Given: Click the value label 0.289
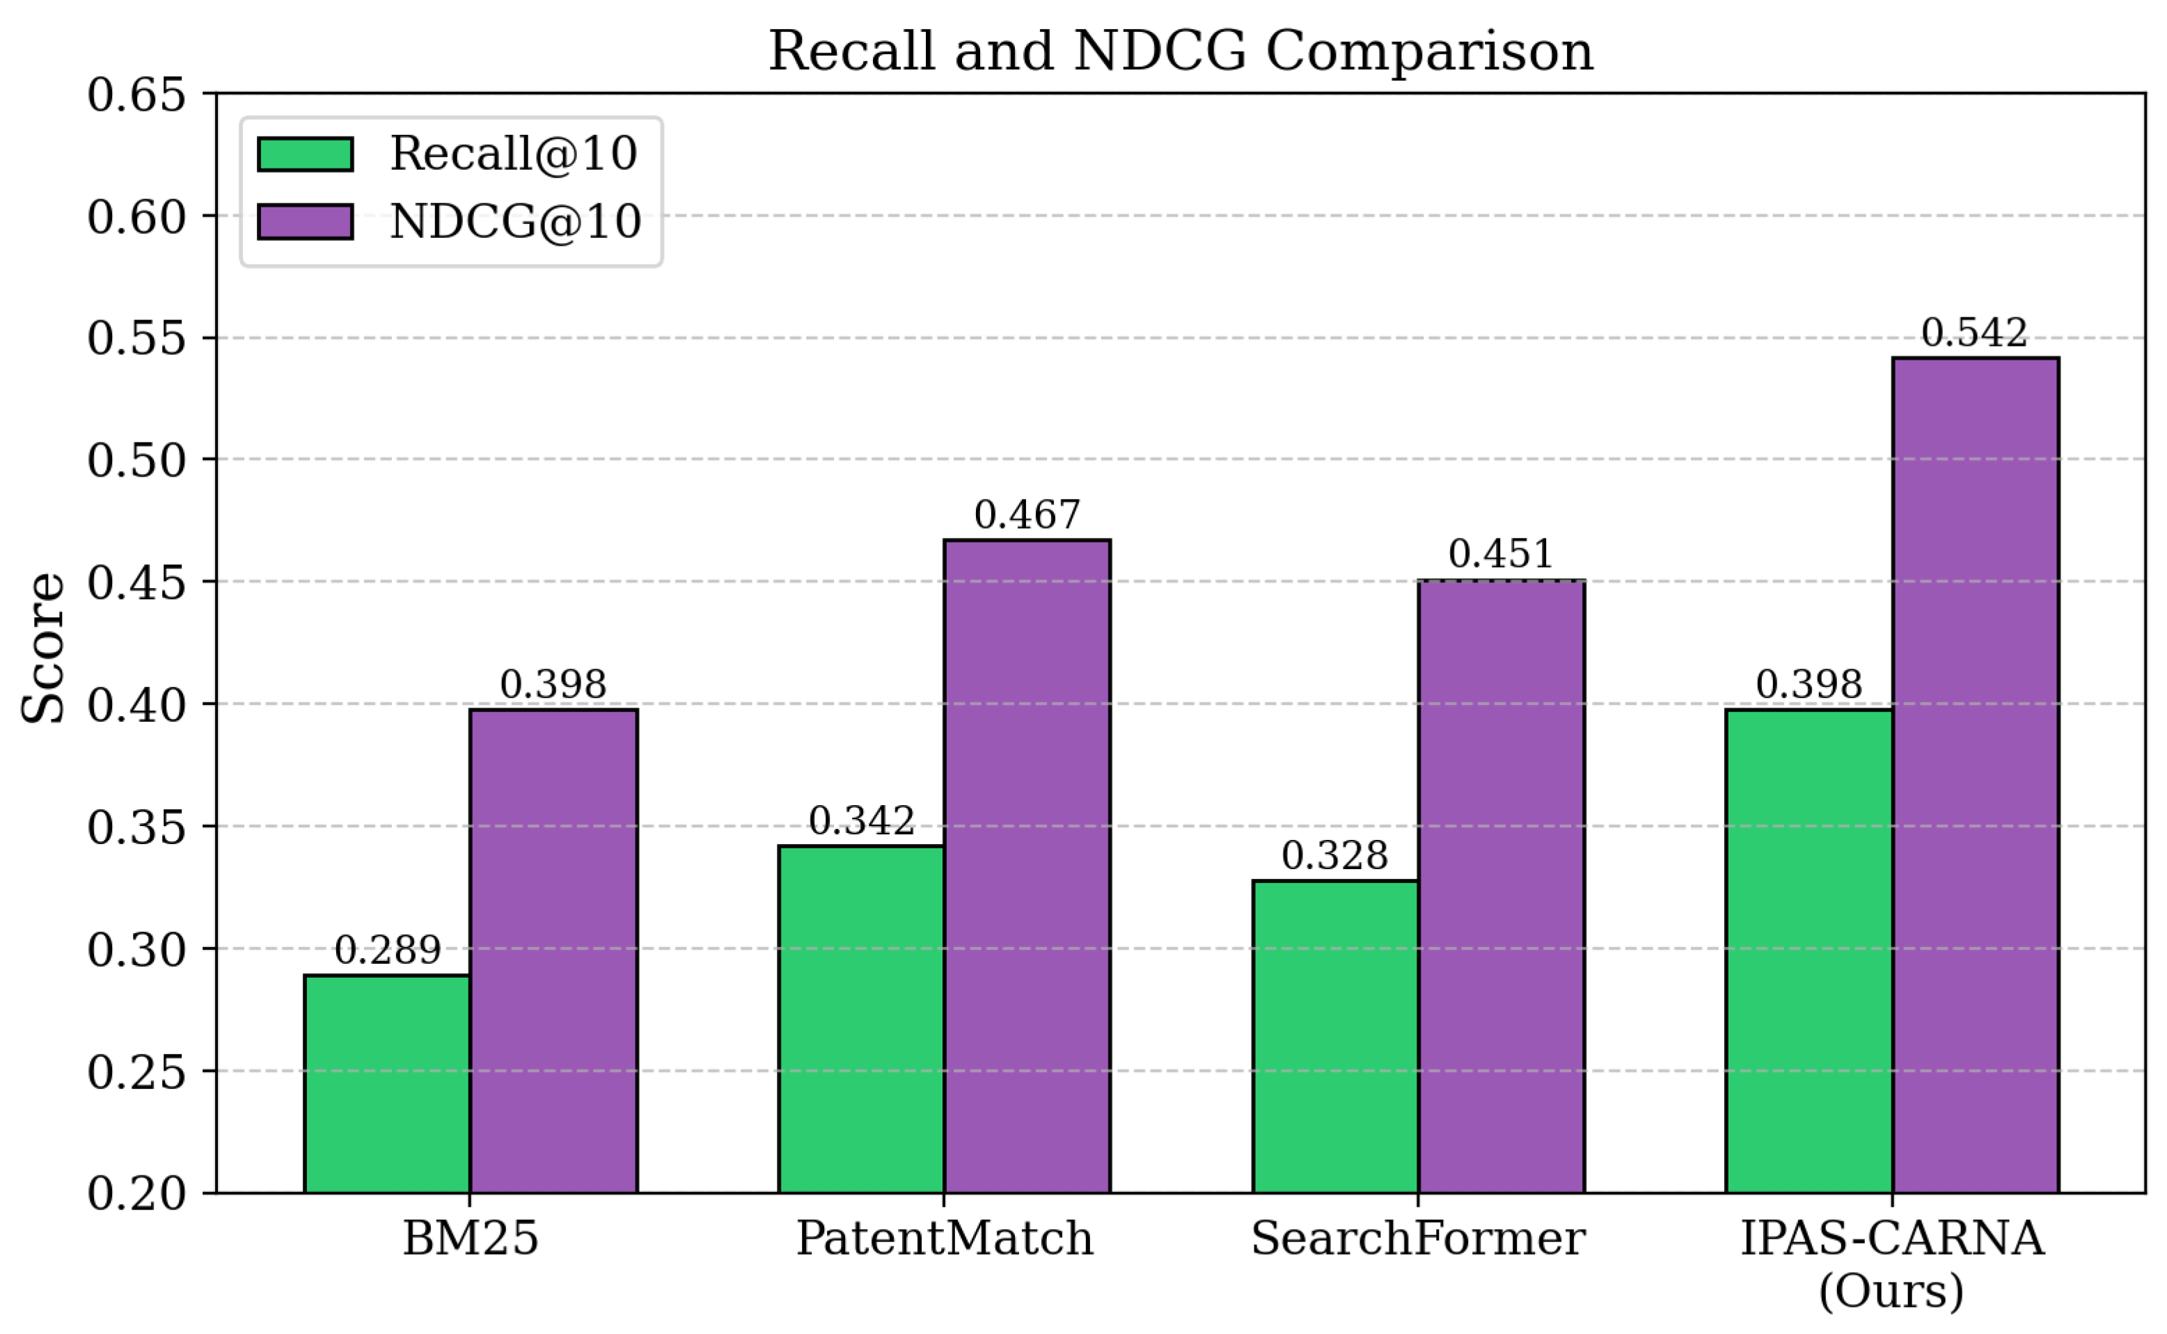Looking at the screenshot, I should pyautogui.click(x=387, y=950).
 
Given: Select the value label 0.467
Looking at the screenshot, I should pyautogui.click(x=1027, y=514).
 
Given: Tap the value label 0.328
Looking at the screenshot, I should pyautogui.click(x=1334, y=856).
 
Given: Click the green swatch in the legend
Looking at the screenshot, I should pyautogui.click(x=306, y=154).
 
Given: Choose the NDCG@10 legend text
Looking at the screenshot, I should pyautogui.click(x=515, y=221).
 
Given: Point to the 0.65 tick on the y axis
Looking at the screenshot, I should pyautogui.click(x=136, y=95).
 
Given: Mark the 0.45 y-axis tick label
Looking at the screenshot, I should pyautogui.click(x=136, y=582).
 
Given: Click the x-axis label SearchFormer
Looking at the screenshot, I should pyautogui.click(x=1418, y=1239).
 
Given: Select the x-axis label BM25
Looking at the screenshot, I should pyautogui.click(x=471, y=1239).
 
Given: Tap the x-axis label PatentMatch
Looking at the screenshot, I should pyautogui.click(x=944, y=1239).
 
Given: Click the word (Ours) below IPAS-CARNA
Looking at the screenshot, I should pyautogui.click(x=1891, y=1291).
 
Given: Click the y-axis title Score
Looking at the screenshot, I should pyautogui.click(x=42, y=649).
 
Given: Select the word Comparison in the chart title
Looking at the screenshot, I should pyautogui.click(x=1429, y=51).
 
